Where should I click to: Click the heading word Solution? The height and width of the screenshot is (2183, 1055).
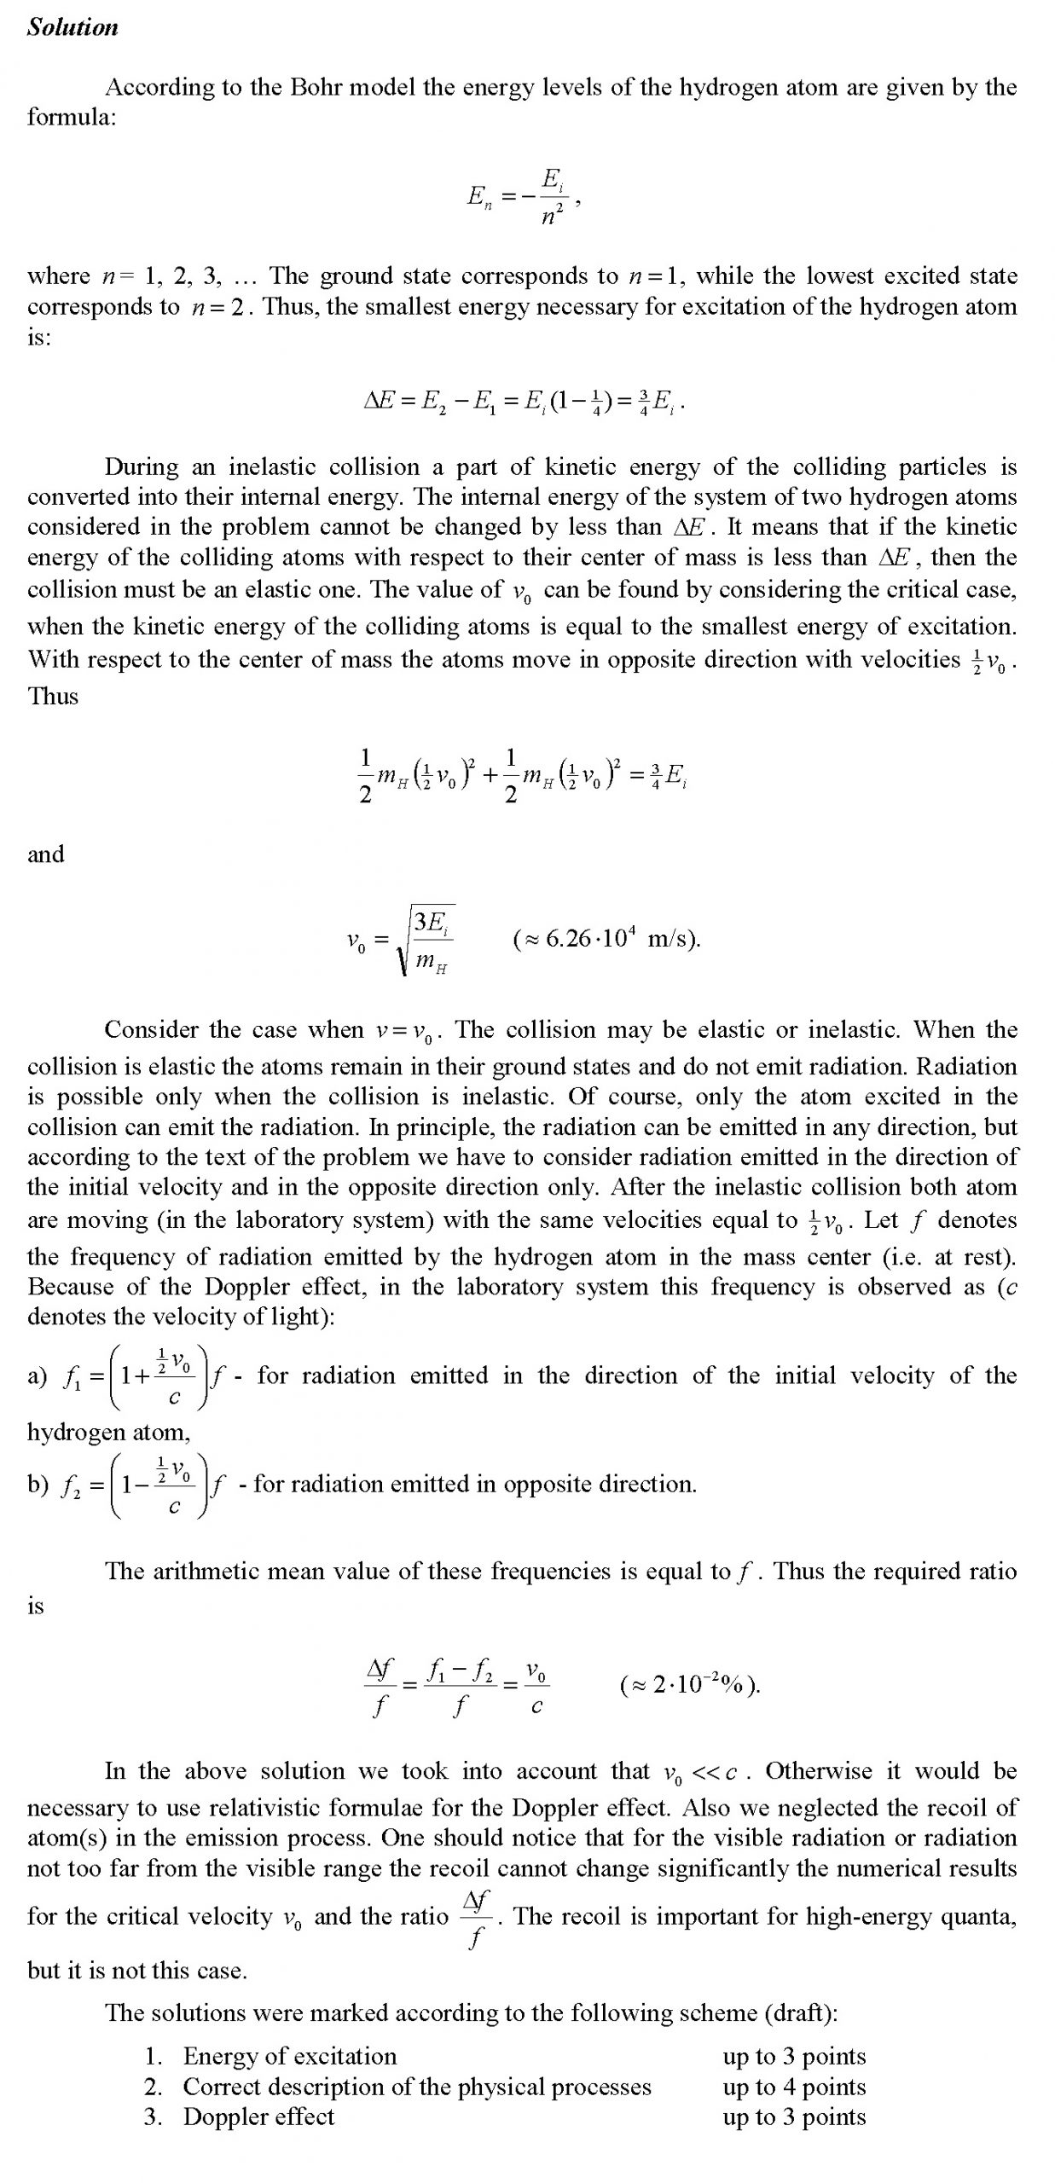pos(72,27)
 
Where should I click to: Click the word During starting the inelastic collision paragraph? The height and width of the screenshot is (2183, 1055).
pos(142,466)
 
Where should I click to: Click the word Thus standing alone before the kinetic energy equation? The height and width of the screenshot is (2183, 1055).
pos(53,696)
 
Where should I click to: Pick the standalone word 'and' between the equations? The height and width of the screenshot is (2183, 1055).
pos(45,854)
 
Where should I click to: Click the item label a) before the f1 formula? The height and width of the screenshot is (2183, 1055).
pos(37,1375)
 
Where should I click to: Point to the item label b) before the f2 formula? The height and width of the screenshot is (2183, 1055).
pos(38,1485)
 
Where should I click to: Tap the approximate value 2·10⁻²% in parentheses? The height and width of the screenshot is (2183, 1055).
pos(692,1685)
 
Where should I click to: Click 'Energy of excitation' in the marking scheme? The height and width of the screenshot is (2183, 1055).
pos(290,2056)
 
